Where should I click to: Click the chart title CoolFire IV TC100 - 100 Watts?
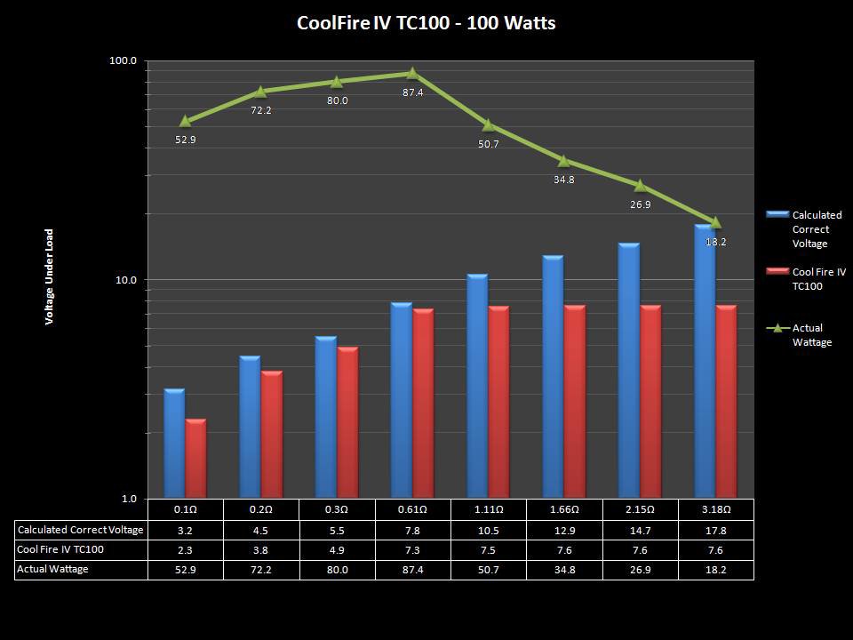pyautogui.click(x=426, y=23)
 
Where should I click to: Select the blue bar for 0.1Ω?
pyautogui.click(x=174, y=444)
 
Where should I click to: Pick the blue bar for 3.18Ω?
pyautogui.click(x=705, y=361)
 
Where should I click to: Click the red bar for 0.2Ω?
pyautogui.click(x=272, y=435)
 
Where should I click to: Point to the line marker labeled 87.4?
pyautogui.click(x=412, y=74)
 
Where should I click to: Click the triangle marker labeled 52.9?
pyautogui.click(x=186, y=121)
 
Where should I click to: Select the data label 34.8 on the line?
pyautogui.click(x=563, y=180)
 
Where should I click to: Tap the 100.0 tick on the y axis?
pyautogui.click(x=123, y=60)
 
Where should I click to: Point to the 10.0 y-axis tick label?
pyautogui.click(x=124, y=280)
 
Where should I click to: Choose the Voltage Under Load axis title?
pyautogui.click(x=50, y=277)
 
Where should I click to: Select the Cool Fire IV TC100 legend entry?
pyautogui.click(x=817, y=279)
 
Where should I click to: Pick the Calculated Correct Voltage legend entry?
pyautogui.click(x=817, y=229)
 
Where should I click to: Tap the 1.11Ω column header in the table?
pyautogui.click(x=488, y=510)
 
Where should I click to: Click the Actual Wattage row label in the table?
pyautogui.click(x=53, y=569)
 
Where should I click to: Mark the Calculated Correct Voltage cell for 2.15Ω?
pyautogui.click(x=640, y=530)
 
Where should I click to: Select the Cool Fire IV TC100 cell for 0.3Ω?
pyautogui.click(x=337, y=549)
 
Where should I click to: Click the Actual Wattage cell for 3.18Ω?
pyautogui.click(x=716, y=569)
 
